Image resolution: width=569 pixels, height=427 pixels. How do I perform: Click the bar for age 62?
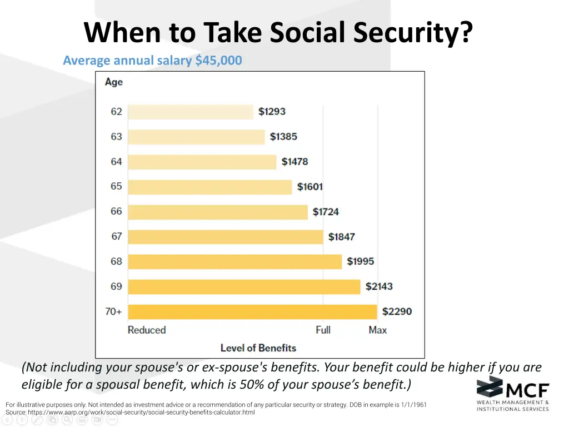[x=191, y=112]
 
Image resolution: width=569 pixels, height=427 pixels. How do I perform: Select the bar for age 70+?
[x=252, y=312]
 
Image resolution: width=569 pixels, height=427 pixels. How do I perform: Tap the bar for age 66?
[x=217, y=212]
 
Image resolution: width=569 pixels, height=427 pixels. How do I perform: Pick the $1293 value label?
[x=272, y=112]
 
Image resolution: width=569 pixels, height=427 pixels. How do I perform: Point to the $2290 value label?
[x=397, y=312]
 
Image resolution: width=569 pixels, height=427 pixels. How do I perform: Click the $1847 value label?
[x=341, y=237]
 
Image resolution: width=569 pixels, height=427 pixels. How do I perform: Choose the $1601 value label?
[x=310, y=187]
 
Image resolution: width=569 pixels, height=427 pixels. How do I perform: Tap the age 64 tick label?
[x=116, y=162]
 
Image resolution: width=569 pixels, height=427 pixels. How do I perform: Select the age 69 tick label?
[x=116, y=286]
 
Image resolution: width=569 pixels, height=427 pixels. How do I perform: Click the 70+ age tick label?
[x=114, y=312]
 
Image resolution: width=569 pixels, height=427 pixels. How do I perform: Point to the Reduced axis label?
[x=147, y=330]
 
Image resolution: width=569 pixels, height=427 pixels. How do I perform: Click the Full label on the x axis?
[x=323, y=330]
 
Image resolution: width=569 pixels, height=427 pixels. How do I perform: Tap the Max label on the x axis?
[x=378, y=330]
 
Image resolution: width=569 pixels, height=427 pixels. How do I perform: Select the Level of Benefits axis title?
[x=258, y=348]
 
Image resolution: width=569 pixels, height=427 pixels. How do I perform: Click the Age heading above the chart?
[x=114, y=82]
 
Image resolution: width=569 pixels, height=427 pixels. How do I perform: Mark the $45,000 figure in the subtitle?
[x=218, y=61]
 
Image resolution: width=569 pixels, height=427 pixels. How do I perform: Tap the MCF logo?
[x=512, y=394]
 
